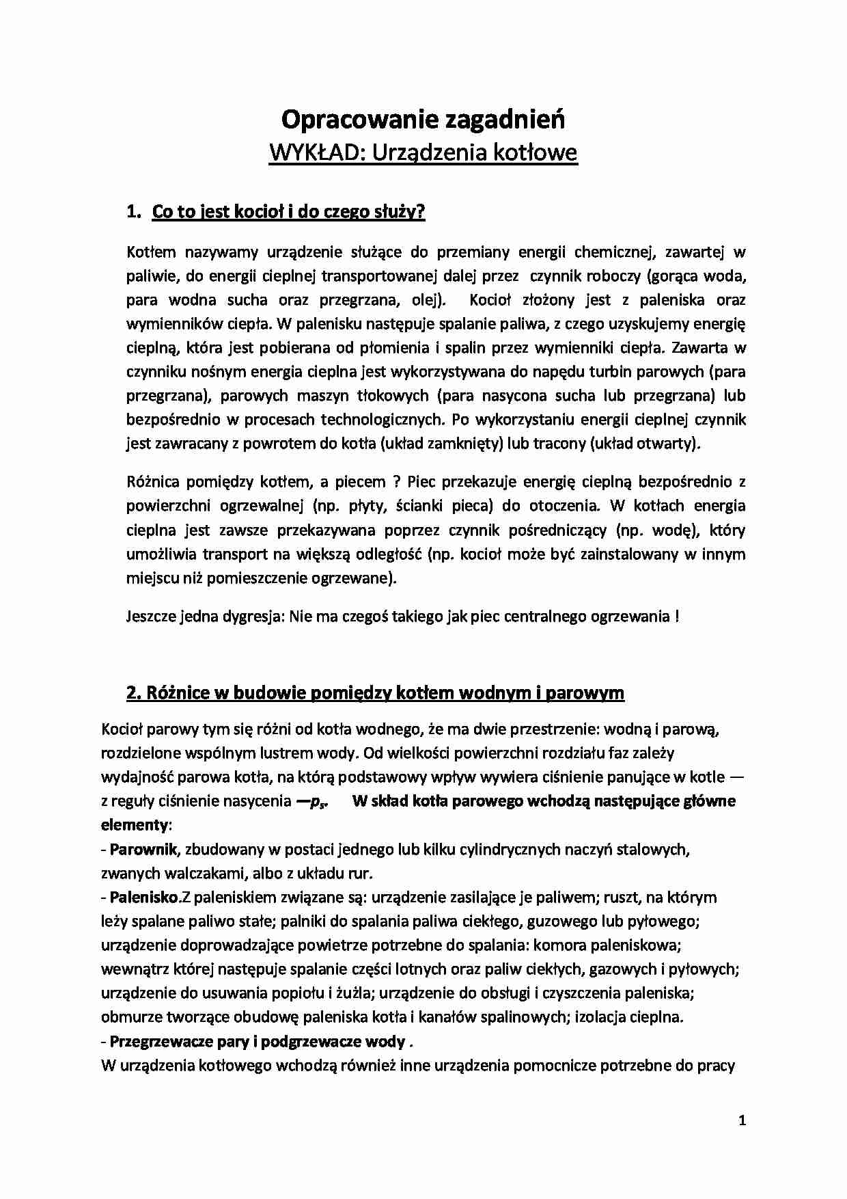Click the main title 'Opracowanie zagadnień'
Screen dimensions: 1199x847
423,120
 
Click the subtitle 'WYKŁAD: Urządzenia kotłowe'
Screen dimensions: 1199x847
423,152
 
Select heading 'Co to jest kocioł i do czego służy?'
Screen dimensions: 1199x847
288,212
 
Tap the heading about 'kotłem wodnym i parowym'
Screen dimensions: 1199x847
375,692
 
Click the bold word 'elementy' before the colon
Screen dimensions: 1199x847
134,824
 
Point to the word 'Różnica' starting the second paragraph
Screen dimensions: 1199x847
153,481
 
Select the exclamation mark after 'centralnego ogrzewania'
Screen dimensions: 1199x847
676,616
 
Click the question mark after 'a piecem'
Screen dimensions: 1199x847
396,481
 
